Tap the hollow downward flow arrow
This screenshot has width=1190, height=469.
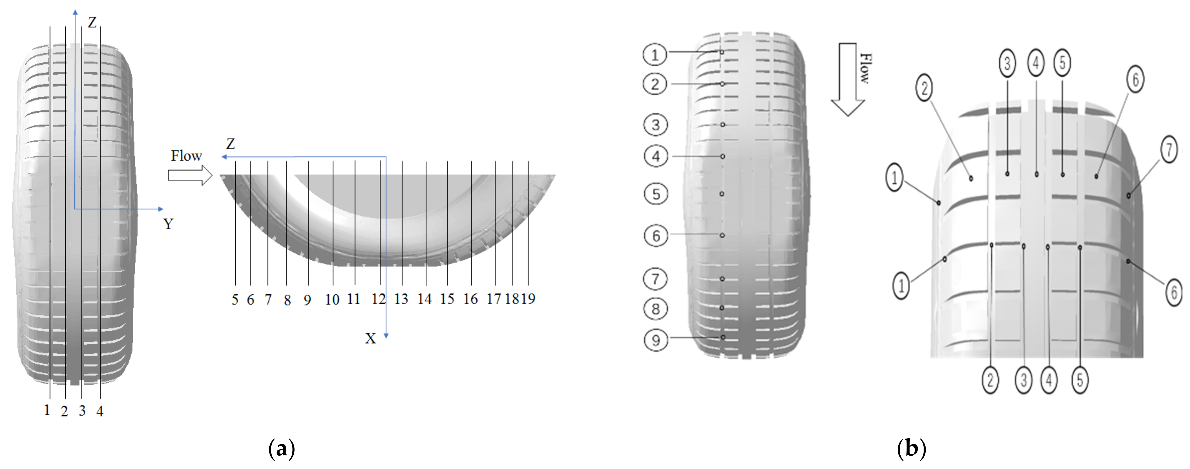848,80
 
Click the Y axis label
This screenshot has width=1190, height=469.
168,224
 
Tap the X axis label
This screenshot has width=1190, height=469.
370,339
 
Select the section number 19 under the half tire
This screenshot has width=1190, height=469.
528,299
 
